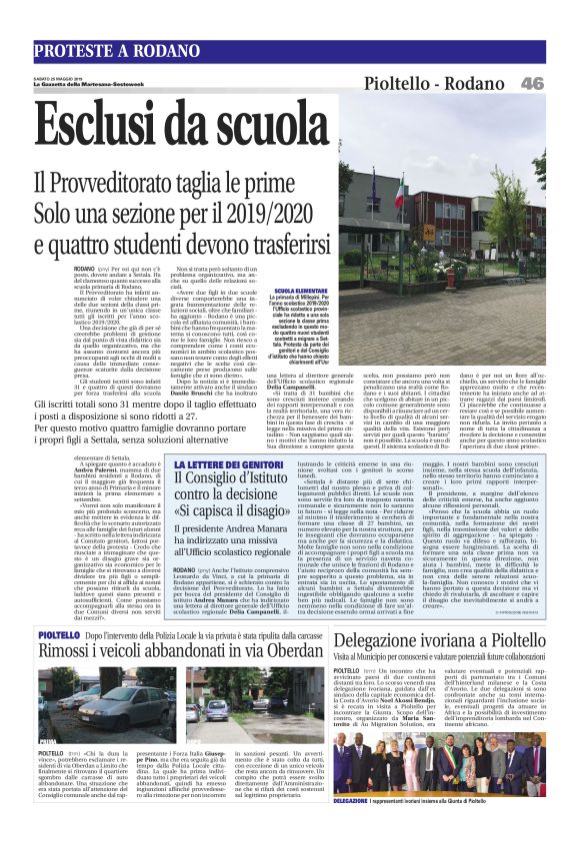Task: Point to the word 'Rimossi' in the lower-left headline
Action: click(76, 647)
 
